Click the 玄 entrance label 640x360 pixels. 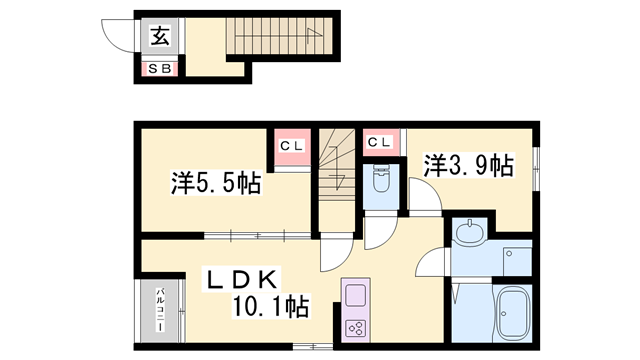pos(160,38)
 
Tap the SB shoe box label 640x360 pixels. pos(160,69)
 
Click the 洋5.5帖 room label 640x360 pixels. pos(216,183)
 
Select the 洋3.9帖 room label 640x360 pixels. pos(468,165)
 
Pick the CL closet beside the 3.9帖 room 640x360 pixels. pos(379,142)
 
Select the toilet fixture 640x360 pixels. pos(380,182)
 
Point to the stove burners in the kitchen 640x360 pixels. pos(357,326)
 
